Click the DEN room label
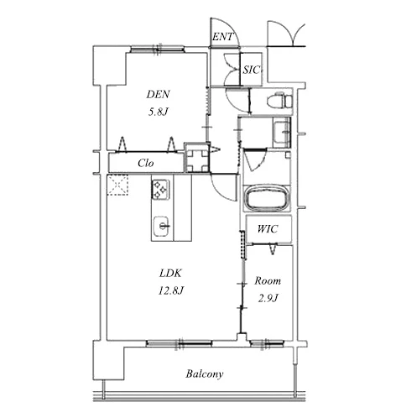pos(158,94)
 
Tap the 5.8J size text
pos(158,112)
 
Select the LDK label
pos(170,273)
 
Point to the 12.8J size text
pos(171,290)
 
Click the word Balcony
pos(205,374)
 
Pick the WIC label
pos(268,229)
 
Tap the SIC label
pos(251,70)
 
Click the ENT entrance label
pos(222,37)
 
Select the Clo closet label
pos(145,163)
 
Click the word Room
pos(268,280)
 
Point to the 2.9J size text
pos(268,299)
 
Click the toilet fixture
pos(279,100)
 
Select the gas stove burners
pos(160,189)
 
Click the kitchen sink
pos(162,227)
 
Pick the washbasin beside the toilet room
pos(282,133)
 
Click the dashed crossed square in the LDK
pos(117,185)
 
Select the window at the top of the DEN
pos(158,50)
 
